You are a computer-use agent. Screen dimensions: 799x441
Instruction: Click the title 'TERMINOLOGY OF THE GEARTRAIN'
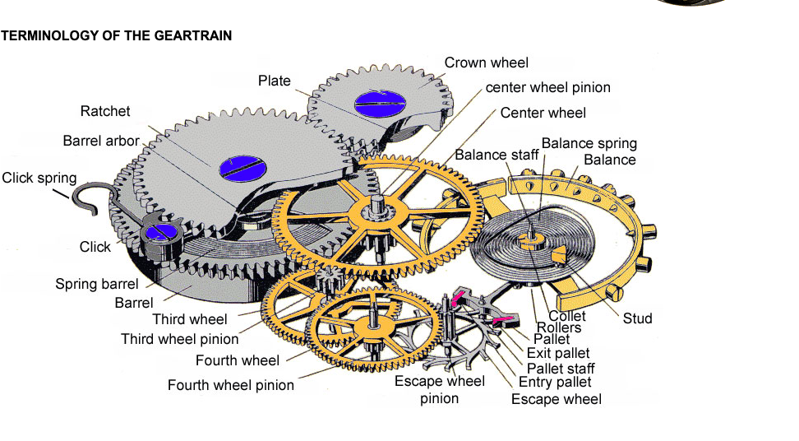[116, 35]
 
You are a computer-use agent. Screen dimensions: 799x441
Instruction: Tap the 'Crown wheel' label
[486, 63]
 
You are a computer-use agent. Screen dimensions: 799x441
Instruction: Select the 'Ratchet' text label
[105, 111]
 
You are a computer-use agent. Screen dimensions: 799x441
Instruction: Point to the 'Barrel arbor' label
[101, 141]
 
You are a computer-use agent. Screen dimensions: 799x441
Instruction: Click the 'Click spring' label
[39, 178]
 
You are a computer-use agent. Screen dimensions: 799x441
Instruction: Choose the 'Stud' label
[637, 318]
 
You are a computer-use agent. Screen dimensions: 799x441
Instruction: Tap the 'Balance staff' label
[496, 155]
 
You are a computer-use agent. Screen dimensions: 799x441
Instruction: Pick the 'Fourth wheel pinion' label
[231, 385]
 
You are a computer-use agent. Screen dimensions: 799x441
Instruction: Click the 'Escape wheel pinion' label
[439, 389]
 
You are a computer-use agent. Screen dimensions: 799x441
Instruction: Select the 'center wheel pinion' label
[547, 88]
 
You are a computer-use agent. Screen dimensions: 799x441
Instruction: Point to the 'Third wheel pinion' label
[180, 339]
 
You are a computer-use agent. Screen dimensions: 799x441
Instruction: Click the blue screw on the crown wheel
[380, 104]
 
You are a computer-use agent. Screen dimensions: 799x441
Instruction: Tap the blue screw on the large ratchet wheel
[243, 168]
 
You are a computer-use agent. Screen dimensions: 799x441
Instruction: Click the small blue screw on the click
[161, 232]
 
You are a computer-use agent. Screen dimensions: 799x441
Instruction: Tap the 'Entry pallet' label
[555, 383]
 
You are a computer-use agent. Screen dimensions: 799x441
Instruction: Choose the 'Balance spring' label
[589, 143]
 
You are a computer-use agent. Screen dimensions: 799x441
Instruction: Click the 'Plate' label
[275, 81]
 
